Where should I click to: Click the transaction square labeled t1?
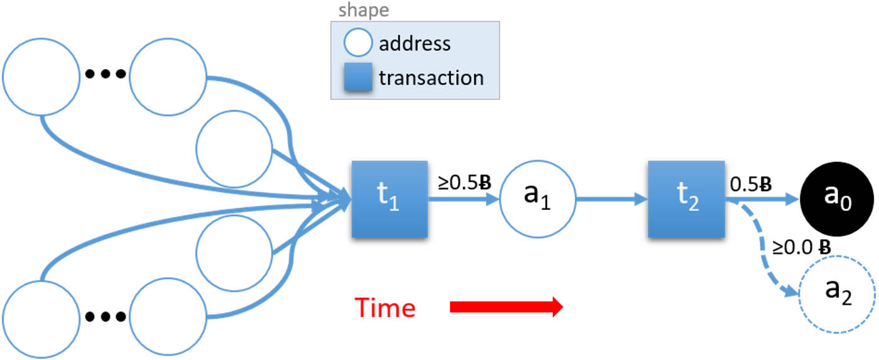(389, 199)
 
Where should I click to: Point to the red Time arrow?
(506, 308)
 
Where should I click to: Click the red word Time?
(385, 308)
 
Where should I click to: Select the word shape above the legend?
(363, 11)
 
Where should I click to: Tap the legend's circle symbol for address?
(357, 44)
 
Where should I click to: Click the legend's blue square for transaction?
(357, 78)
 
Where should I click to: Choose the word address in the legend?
(414, 44)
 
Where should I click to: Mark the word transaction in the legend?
(430, 78)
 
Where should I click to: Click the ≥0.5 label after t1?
(464, 182)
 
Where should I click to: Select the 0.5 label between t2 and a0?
(750, 183)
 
